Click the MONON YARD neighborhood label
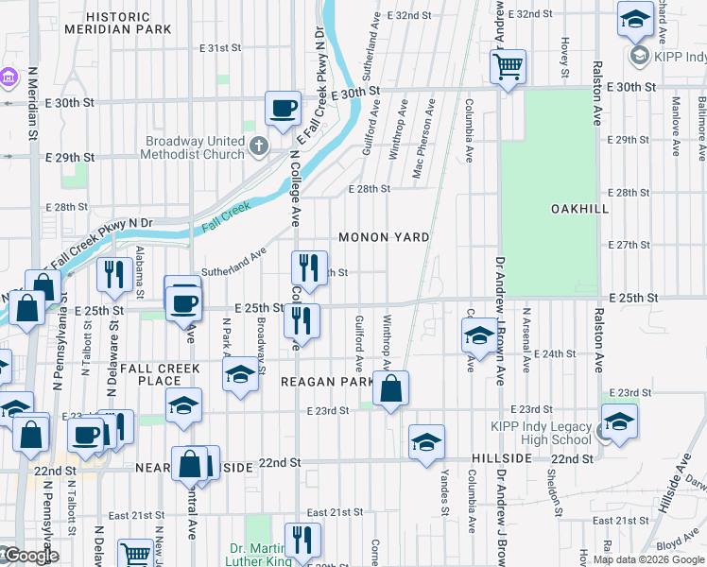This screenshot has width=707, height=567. pos(385,237)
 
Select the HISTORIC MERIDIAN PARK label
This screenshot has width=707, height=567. pos(117,24)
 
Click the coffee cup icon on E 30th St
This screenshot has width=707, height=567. pos(283,109)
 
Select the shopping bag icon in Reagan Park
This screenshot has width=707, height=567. pos(389,388)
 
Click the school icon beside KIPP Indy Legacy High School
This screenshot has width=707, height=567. pos(619,421)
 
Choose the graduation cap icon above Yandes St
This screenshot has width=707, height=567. pos(426,442)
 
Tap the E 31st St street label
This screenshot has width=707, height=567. pos(221,47)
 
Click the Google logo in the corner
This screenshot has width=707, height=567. pos(29,556)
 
